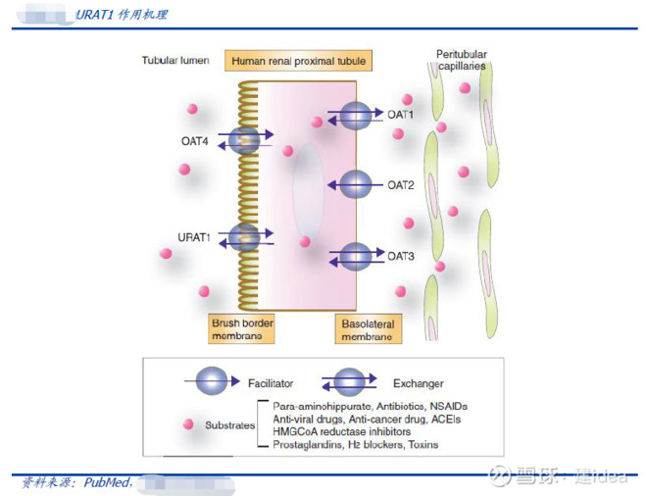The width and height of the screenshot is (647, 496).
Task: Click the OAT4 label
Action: coord(194,141)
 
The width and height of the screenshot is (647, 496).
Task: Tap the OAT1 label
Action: coord(400,115)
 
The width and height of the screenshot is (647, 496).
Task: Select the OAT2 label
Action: coord(400,184)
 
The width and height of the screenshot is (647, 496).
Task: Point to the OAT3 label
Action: coord(400,257)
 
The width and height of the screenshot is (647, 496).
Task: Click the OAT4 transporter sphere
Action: coord(243,140)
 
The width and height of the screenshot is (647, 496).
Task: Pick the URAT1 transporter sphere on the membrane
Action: coord(243,237)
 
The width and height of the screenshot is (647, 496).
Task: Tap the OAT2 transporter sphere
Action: coord(354,184)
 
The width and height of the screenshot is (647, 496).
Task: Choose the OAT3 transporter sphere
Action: coord(355,257)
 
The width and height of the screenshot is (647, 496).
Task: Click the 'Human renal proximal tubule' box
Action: coord(298,62)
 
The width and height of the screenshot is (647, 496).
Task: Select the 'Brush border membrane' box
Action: coord(240,329)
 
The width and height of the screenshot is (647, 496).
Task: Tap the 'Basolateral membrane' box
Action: coord(369,329)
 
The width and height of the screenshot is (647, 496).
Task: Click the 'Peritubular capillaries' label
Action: coord(462,60)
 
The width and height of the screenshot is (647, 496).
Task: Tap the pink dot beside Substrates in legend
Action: coord(184,424)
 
